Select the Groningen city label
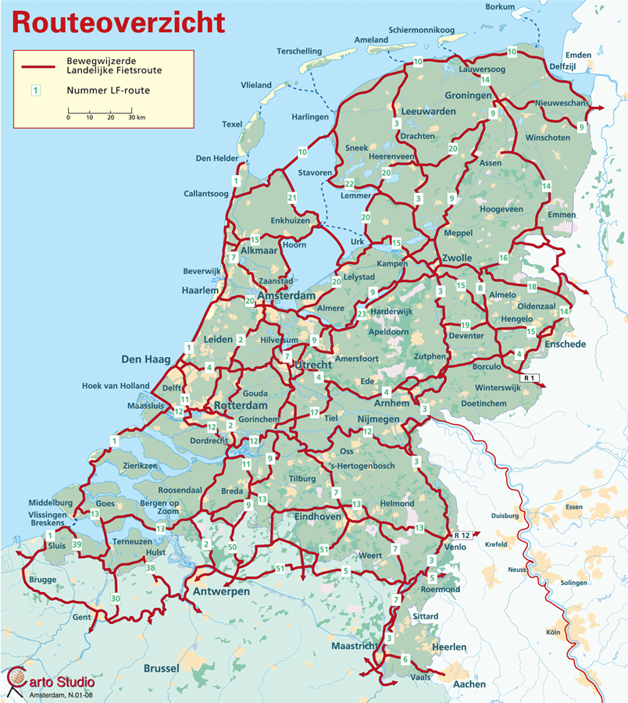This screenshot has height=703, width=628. (x=469, y=95)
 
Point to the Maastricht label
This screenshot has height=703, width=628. (x=355, y=647)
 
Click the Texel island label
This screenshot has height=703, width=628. (x=232, y=124)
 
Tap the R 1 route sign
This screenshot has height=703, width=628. (x=531, y=379)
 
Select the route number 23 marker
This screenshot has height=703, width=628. (x=361, y=314)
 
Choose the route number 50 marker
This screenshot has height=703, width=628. (x=232, y=548)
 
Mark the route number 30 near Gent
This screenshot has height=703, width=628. (x=116, y=598)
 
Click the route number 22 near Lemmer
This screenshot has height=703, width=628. (x=349, y=184)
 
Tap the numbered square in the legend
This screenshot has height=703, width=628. (x=34, y=91)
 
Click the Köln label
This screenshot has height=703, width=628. (x=554, y=632)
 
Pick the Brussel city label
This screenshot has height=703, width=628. (x=162, y=669)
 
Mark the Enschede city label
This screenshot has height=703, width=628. (x=566, y=344)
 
